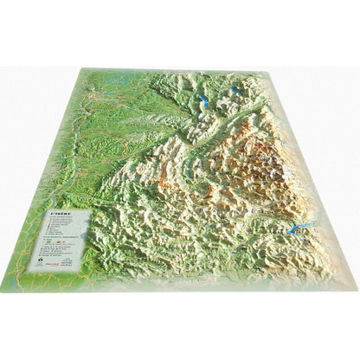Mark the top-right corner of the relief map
click(243, 74)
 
